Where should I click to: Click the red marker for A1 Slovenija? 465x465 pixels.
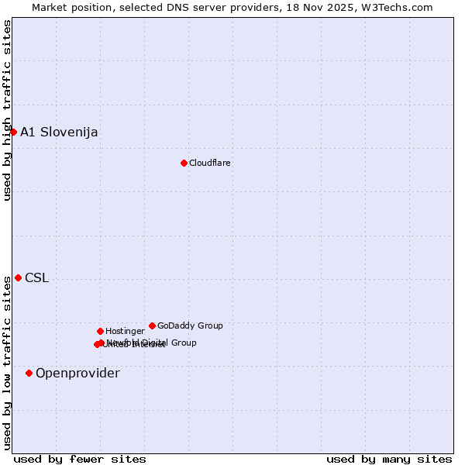pyautogui.click(x=13, y=132)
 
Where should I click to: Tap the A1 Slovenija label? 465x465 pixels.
pyautogui.click(x=59, y=132)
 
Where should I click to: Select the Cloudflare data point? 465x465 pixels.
pyautogui.click(x=184, y=163)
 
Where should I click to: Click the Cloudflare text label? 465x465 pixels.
pyautogui.click(x=210, y=163)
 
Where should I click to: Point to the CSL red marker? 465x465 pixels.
pyautogui.click(x=18, y=277)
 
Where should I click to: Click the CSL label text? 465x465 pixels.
pyautogui.click(x=37, y=278)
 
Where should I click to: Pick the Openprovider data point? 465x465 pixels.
pyautogui.click(x=29, y=373)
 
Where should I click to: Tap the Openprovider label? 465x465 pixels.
pyautogui.click(x=77, y=374)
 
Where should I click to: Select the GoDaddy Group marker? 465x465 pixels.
pyautogui.click(x=152, y=325)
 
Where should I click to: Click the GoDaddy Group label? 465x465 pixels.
pyautogui.click(x=190, y=325)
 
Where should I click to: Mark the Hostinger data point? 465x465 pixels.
pyautogui.click(x=100, y=331)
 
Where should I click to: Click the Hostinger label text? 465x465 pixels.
pyautogui.click(x=125, y=331)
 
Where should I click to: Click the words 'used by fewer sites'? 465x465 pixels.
pyautogui.click(x=80, y=459)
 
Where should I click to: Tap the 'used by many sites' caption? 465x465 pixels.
pyautogui.click(x=389, y=459)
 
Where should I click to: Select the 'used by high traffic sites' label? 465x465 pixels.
pyautogui.click(x=8, y=110)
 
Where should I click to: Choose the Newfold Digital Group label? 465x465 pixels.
pyautogui.click(x=152, y=343)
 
